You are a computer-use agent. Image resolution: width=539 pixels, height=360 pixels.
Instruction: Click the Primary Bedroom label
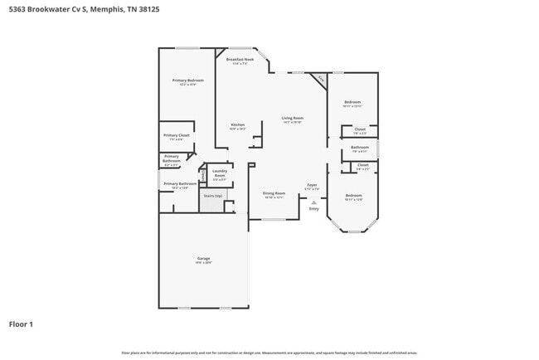click(x=187, y=80)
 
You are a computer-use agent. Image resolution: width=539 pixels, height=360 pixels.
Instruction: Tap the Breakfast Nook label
click(x=240, y=60)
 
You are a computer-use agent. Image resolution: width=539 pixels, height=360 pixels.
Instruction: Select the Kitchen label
click(x=237, y=124)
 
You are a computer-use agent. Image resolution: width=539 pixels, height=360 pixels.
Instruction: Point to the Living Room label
click(x=292, y=119)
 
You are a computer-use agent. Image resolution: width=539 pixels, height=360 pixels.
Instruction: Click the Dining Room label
click(x=274, y=193)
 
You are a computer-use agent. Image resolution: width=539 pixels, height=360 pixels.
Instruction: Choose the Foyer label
click(x=312, y=185)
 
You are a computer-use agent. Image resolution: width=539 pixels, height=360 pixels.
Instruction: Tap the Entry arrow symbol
click(x=313, y=202)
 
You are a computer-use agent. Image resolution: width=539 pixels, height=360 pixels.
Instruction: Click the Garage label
click(x=203, y=259)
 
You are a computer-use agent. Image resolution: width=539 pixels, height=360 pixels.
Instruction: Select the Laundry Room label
click(x=219, y=173)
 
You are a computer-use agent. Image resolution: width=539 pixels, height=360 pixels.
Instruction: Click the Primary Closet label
click(x=176, y=135)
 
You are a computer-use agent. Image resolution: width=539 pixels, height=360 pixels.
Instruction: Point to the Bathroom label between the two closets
click(x=360, y=148)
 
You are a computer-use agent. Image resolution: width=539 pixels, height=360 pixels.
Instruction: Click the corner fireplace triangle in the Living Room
click(x=321, y=79)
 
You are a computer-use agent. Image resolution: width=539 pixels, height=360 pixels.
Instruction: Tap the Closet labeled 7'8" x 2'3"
click(x=360, y=129)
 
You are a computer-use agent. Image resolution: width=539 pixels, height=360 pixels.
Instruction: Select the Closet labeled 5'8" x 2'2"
click(x=362, y=165)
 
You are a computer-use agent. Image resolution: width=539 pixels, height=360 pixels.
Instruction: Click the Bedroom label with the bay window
click(x=353, y=196)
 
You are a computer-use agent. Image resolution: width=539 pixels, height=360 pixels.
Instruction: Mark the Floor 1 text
click(x=21, y=324)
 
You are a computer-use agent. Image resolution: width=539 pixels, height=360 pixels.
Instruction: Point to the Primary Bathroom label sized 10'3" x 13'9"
click(x=180, y=184)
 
